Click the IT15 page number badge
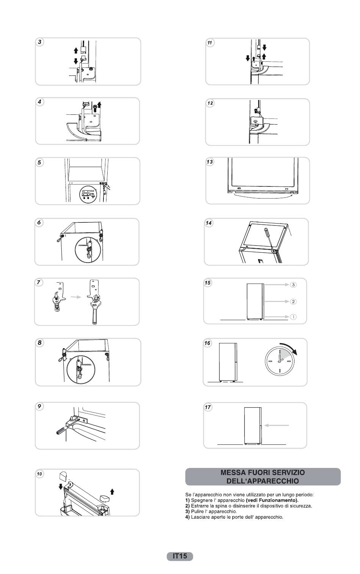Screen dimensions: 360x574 pos(180,556)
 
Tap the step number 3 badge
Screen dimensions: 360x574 pos(40,42)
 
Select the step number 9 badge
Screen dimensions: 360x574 pos(39,406)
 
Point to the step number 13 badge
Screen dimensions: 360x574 pos(210,162)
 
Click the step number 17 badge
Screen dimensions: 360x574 pos(208,407)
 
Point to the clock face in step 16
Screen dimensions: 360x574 pos(279,361)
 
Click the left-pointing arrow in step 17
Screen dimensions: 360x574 pos(277,425)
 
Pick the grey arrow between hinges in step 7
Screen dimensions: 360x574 pos(77,297)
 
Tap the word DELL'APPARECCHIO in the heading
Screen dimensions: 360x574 pos(263,481)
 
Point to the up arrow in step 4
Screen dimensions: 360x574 pos(100,105)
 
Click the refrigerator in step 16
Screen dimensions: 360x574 pos(227,361)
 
